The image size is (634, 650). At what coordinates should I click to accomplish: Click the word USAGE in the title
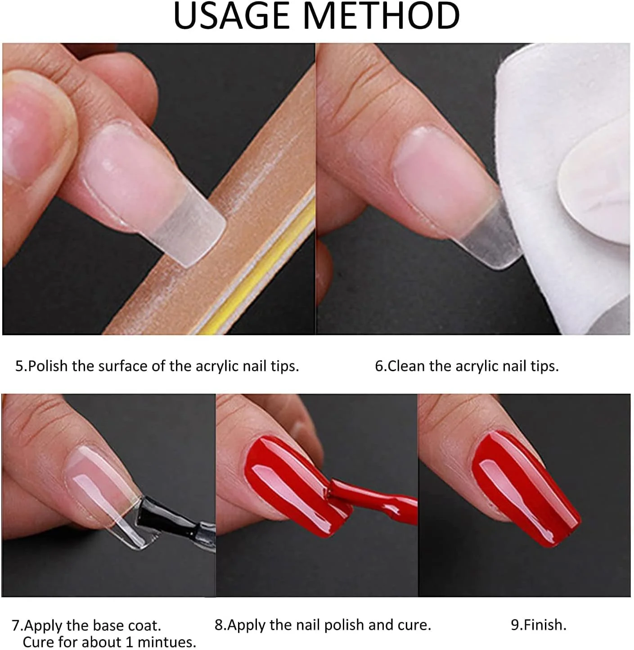pos(232,16)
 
